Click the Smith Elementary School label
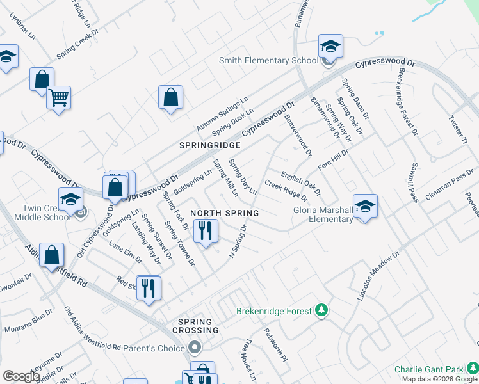[268, 60]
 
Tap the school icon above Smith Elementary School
[330, 46]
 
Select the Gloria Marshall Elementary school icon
[365, 206]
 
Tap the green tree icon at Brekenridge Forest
[321, 311]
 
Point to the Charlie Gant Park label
[428, 369]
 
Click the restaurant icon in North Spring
[205, 231]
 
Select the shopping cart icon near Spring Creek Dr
[58, 98]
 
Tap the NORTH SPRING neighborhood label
[224, 213]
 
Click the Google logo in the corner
[21, 376]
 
